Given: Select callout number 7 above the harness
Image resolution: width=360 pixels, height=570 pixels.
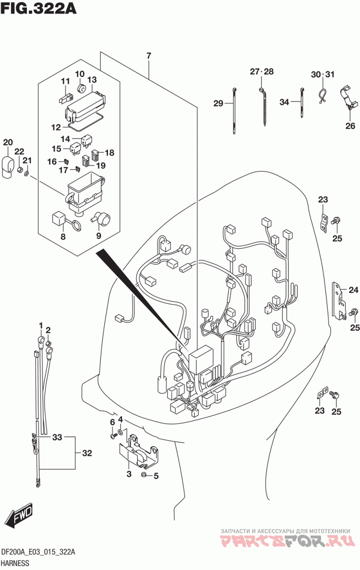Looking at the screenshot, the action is (148, 56).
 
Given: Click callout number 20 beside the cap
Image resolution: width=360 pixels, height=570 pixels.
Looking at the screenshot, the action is (8, 142).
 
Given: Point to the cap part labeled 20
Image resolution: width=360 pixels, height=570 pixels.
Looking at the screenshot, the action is (8, 167).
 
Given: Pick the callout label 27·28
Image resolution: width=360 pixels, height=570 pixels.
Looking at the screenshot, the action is (261, 72).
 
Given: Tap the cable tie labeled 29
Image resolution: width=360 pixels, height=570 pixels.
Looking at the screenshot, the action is (234, 111).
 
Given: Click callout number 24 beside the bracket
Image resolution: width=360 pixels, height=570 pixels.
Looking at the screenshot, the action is (353, 290).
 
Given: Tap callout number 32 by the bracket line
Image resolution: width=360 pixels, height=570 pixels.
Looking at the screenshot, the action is (87, 453).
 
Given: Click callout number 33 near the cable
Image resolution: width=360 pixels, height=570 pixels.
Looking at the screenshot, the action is (57, 437).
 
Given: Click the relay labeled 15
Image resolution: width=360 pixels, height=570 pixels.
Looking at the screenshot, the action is (76, 148).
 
